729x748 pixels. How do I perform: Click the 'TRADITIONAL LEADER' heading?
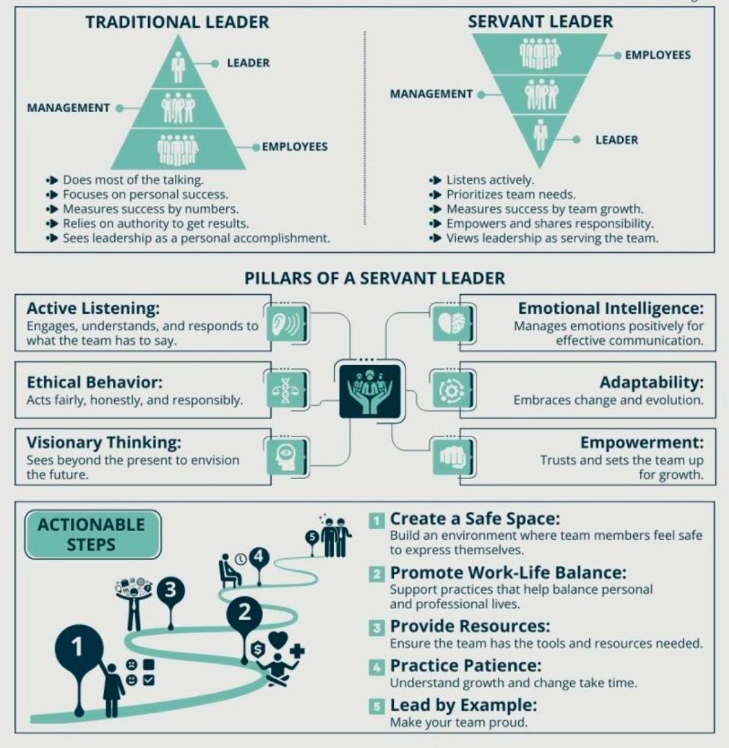(177, 22)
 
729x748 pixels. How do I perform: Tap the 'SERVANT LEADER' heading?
(540, 22)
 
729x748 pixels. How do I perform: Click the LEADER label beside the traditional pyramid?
(248, 63)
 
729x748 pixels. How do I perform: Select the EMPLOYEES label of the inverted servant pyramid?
(657, 55)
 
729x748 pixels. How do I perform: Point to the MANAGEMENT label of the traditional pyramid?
(68, 107)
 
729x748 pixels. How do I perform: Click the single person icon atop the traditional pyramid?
(178, 68)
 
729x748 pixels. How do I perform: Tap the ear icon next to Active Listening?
(287, 322)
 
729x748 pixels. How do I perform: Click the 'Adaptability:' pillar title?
(651, 382)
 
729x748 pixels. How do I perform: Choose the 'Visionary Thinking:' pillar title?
(103, 442)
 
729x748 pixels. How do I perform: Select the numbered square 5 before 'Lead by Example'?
(376, 706)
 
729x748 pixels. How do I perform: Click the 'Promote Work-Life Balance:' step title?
(508, 573)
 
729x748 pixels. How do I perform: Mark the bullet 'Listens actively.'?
(490, 179)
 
